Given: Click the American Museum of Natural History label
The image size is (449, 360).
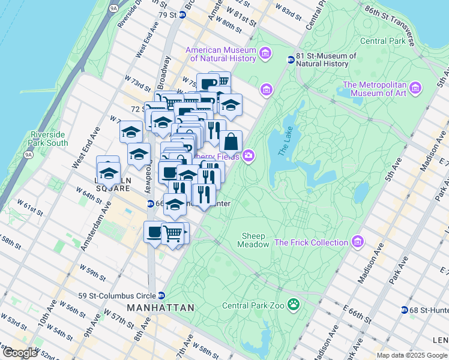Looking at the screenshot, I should point(221,54).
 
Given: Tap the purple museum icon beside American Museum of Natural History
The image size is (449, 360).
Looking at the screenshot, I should point(265,55).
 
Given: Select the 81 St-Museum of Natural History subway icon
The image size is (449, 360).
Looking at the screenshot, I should point(291,59).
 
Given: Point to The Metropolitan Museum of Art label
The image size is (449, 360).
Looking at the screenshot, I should point(374,88).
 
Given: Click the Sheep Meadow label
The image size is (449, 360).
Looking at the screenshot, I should point(255,240).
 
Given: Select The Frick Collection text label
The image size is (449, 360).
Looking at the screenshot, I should point(311,242).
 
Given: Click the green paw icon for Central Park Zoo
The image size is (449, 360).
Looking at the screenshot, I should point(294,305).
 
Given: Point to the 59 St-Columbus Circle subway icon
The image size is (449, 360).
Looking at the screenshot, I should point(161,296).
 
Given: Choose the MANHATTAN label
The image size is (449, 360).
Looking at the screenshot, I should point(160,308).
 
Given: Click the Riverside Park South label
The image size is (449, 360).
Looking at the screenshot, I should point(48,139).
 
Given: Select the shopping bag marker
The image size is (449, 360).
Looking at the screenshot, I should point(231,142).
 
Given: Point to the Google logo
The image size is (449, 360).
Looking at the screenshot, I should point(20,353).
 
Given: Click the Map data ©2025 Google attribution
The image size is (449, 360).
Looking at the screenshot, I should point(412,355).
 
